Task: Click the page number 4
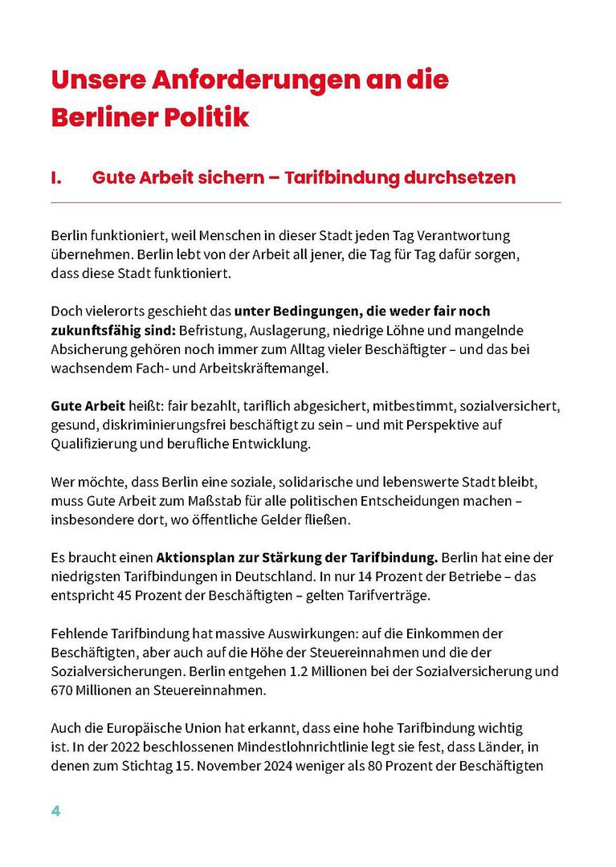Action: [56, 811]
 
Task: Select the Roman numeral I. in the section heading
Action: [56, 178]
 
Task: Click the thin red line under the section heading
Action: [305, 202]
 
